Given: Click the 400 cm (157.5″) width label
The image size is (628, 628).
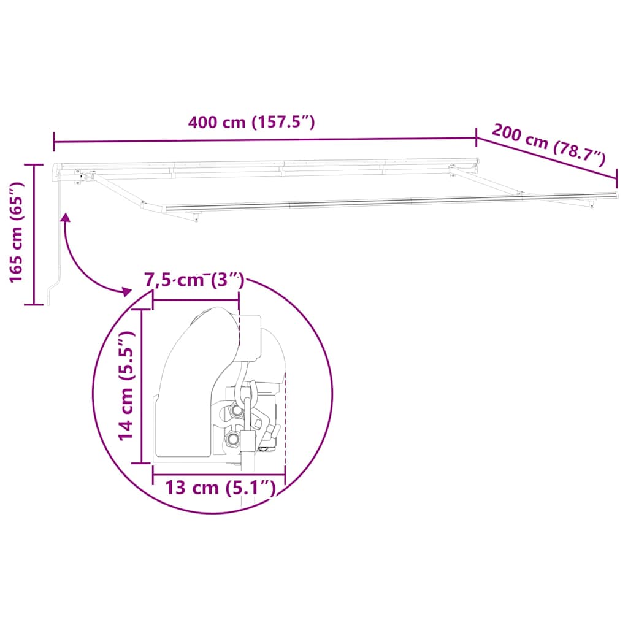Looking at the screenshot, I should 251,122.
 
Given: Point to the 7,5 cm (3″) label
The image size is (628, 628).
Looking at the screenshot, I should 194,281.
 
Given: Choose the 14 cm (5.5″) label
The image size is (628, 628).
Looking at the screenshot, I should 126,385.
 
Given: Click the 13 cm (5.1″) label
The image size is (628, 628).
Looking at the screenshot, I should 218,488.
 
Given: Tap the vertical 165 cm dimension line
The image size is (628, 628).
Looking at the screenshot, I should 34,234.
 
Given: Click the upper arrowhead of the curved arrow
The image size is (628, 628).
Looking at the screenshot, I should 64,216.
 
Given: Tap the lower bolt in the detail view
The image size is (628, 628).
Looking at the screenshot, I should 233,438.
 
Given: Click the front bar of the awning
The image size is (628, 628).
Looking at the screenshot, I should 392,202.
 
